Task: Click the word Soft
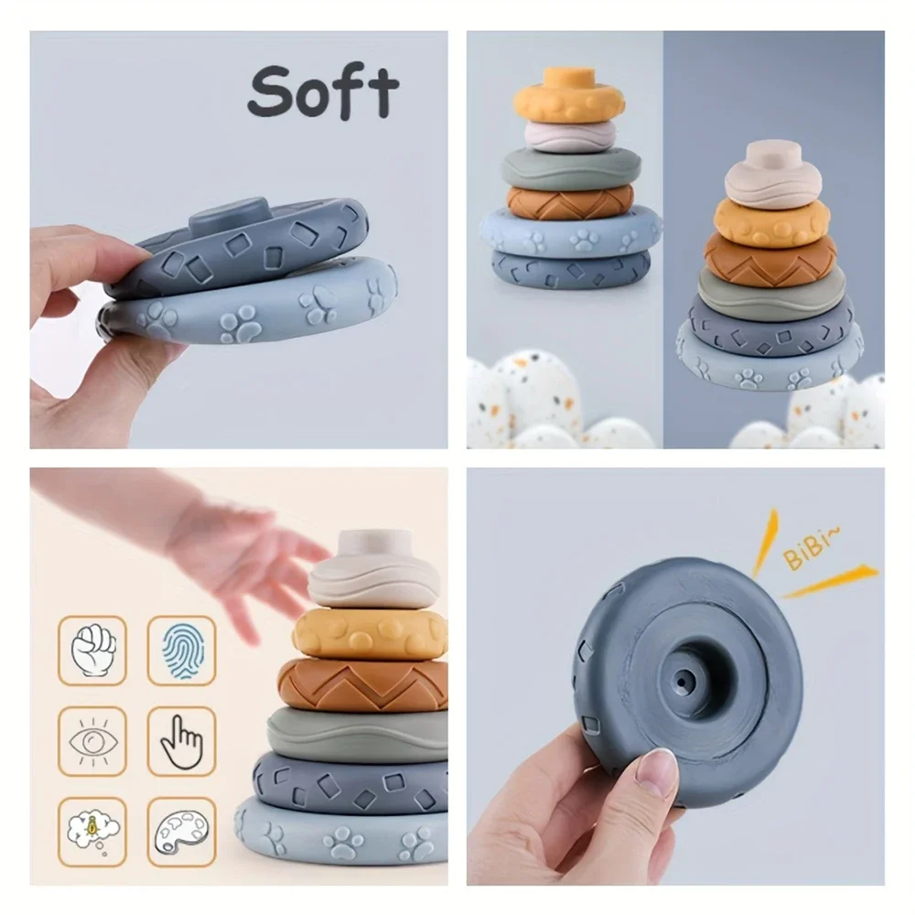[x=322, y=91]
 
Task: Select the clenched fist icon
[x=93, y=650]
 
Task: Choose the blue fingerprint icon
[x=181, y=650]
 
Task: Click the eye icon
[x=93, y=740]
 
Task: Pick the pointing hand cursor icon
[x=181, y=740]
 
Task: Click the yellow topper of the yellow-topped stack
[x=568, y=96]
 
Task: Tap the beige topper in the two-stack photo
[x=774, y=175]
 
